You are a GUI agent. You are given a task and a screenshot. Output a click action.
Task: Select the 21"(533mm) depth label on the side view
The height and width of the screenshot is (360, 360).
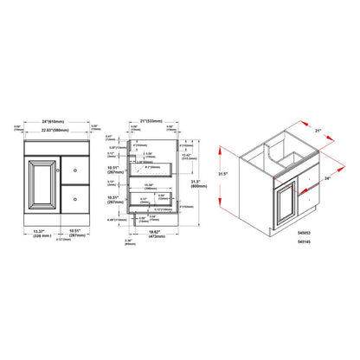tap(155, 120)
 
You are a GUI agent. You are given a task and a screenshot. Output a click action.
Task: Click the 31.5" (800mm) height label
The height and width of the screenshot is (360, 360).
tap(198, 183)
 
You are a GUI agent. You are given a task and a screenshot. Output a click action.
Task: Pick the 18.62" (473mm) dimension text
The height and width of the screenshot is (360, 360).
tap(155, 233)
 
